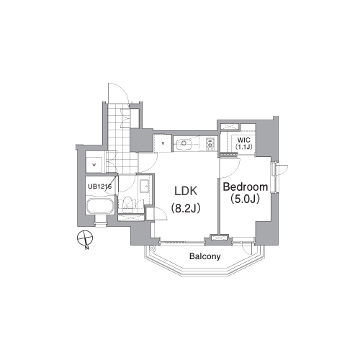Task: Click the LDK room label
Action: pyautogui.click(x=186, y=192)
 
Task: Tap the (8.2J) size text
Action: pyautogui.click(x=186, y=208)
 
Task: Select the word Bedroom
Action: pyautogui.click(x=246, y=186)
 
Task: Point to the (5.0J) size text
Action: pyautogui.click(x=245, y=199)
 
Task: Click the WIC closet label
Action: pyautogui.click(x=243, y=140)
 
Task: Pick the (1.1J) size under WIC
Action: pyautogui.click(x=244, y=147)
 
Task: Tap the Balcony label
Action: pyautogui.click(x=204, y=256)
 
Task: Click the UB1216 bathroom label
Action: pyautogui.click(x=99, y=186)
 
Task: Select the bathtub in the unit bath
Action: pyautogui.click(x=100, y=206)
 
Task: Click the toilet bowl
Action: pyautogui.click(x=127, y=204)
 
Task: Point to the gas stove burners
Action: pyautogui.click(x=210, y=143)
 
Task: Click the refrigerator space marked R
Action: pyautogui.click(x=163, y=143)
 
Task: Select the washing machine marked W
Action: pyautogui.click(x=94, y=165)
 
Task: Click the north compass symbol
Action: pyautogui.click(x=85, y=238)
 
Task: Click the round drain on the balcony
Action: pyautogui.click(x=152, y=248)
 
